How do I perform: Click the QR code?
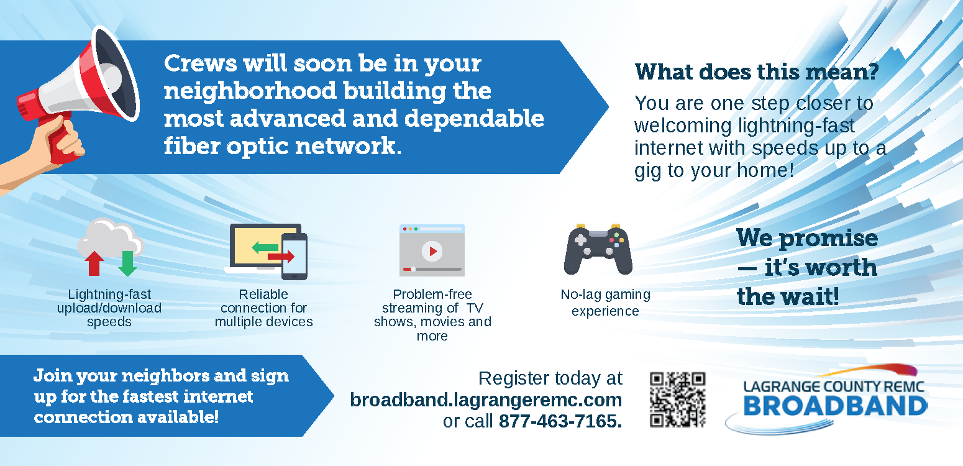pyautogui.click(x=678, y=400)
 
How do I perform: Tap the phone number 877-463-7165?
pyautogui.click(x=560, y=421)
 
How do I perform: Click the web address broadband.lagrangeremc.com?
pyautogui.click(x=486, y=400)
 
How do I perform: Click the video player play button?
pyautogui.click(x=432, y=251)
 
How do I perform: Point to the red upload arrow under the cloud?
pyautogui.click(x=94, y=263)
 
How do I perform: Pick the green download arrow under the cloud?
pyautogui.click(x=127, y=263)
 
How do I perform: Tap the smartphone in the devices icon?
pyautogui.click(x=294, y=257)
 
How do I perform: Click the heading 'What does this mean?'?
pyautogui.click(x=757, y=72)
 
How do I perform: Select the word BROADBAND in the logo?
pyautogui.click(x=835, y=406)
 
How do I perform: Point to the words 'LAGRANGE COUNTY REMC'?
pyautogui.click(x=834, y=386)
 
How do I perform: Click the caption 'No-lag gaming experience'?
pyautogui.click(x=605, y=303)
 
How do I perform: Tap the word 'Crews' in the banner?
pyautogui.click(x=200, y=64)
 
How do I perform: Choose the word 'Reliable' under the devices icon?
pyautogui.click(x=263, y=295)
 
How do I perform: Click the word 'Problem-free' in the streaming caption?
pyautogui.click(x=432, y=295)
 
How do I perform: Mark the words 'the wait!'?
pyautogui.click(x=788, y=296)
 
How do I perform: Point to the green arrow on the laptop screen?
pyautogui.click(x=265, y=248)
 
